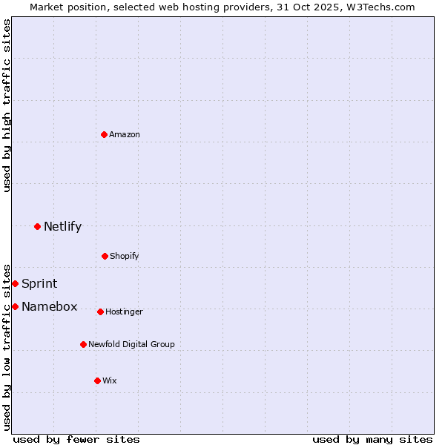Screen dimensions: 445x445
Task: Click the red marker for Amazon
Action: (105, 134)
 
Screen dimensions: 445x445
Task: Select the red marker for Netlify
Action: (37, 226)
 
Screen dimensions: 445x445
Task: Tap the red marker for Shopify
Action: (105, 256)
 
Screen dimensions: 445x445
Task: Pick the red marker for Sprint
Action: (15, 283)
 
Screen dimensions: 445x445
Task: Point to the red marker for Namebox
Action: (15, 306)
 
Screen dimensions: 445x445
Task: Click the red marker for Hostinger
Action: (100, 311)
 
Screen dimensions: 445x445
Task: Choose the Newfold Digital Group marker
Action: (83, 344)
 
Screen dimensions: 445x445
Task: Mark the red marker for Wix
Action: (97, 380)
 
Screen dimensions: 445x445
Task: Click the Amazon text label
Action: (125, 134)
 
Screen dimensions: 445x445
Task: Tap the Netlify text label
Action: (62, 226)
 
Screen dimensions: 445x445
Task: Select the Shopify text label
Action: (125, 256)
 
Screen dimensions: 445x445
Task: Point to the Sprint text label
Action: (39, 283)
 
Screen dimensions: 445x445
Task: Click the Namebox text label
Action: (50, 306)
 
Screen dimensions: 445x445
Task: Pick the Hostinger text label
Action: (124, 311)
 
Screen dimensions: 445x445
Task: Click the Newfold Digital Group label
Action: (131, 344)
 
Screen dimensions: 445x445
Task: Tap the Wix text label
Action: (110, 380)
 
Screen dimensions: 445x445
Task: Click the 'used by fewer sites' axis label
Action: (76, 439)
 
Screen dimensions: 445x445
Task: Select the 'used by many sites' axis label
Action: (372, 439)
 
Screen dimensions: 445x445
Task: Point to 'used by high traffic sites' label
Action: (7, 105)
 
